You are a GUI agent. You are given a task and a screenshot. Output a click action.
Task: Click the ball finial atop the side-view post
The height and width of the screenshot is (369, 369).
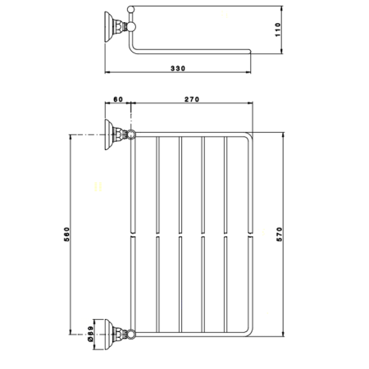(130, 7)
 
